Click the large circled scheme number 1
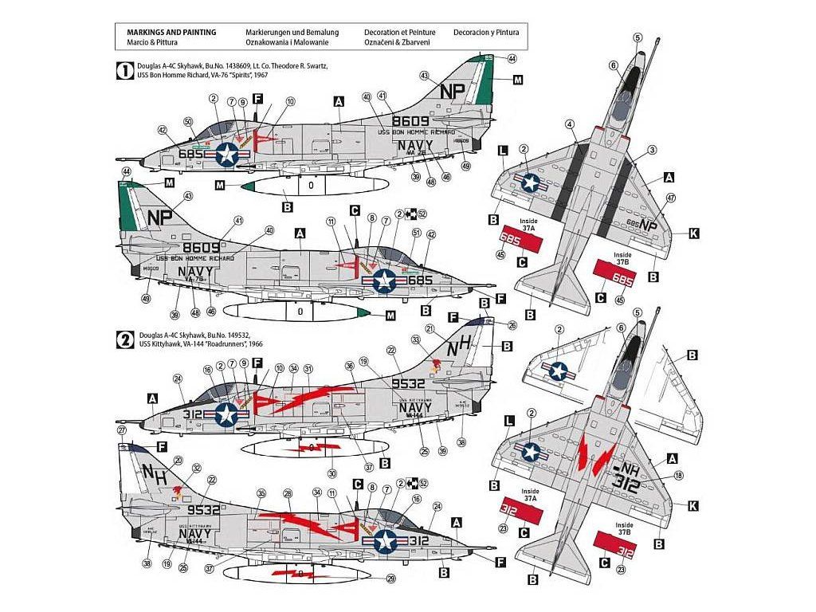(x=125, y=69)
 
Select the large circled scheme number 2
(x=125, y=339)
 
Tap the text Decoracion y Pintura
(x=485, y=33)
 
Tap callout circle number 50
(x=188, y=121)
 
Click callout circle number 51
(x=416, y=233)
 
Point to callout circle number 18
(x=679, y=476)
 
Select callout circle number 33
(x=415, y=339)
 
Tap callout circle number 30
(x=331, y=473)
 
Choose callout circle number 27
(x=122, y=430)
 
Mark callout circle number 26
(x=490, y=324)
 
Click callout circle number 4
(x=570, y=124)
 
